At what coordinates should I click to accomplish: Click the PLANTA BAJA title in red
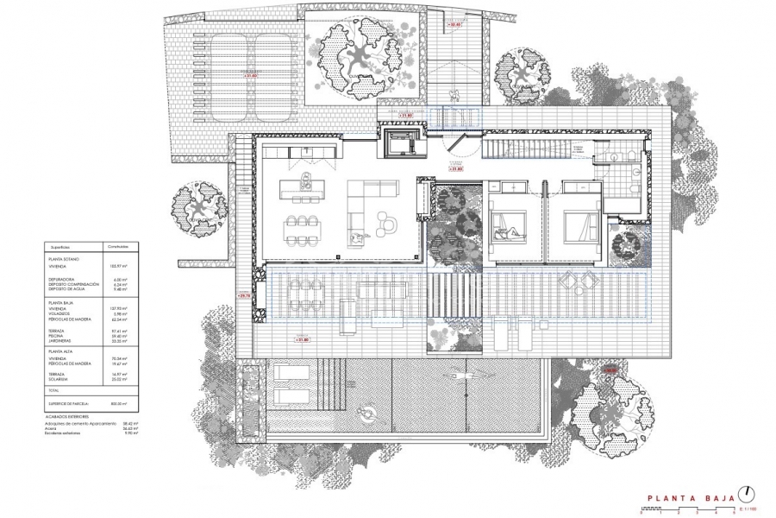[x=690, y=498]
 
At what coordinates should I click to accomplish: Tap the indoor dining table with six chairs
[x=300, y=229]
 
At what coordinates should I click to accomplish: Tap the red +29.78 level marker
[x=244, y=296]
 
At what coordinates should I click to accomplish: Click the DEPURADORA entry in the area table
[x=63, y=279]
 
